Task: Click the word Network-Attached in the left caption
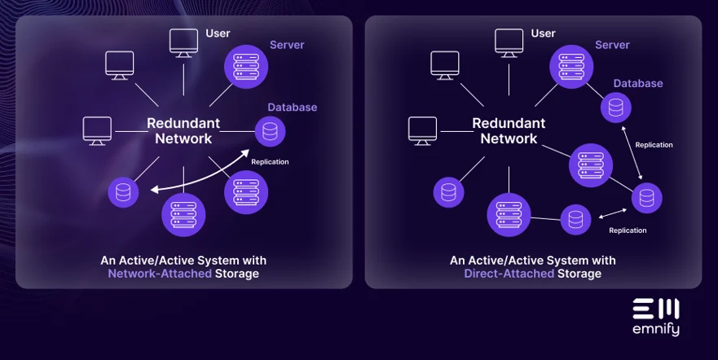[160, 274]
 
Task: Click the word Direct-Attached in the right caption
[509, 274]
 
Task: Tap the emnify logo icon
[656, 310]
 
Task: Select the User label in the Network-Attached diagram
[218, 33]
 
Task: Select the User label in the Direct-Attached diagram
[543, 33]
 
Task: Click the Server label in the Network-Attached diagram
[287, 44]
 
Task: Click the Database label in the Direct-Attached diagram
[638, 83]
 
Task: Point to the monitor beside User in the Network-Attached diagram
[183, 42]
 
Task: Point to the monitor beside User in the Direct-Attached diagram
[509, 42]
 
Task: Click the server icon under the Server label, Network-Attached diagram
[246, 65]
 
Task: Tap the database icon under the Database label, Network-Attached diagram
[270, 131]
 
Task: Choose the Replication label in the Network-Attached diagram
[270, 161]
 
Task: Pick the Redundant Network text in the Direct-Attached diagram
[509, 130]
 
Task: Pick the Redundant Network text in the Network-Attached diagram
[183, 130]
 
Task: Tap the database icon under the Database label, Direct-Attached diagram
[616, 108]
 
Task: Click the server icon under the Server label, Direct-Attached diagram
[571, 65]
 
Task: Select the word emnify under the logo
[656, 330]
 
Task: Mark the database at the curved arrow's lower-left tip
[124, 192]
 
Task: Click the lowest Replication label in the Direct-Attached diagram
[628, 230]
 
